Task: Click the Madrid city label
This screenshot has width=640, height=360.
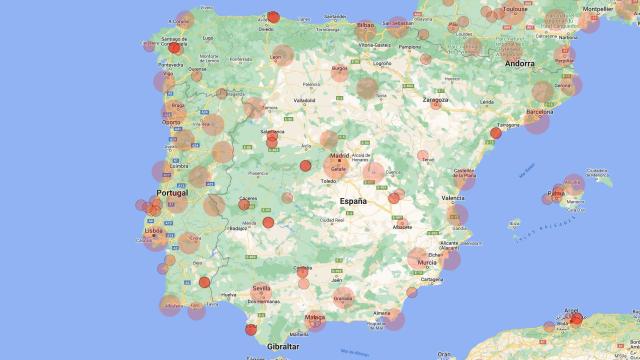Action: pyautogui.click(x=340, y=156)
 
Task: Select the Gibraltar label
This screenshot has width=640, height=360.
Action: pyautogui.click(x=283, y=346)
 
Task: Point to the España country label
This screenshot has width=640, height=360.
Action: pyautogui.click(x=353, y=201)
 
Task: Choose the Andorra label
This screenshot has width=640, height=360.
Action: pyautogui.click(x=520, y=63)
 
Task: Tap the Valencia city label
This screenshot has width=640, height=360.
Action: pyautogui.click(x=452, y=199)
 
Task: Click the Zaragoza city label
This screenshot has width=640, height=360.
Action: pyautogui.click(x=436, y=100)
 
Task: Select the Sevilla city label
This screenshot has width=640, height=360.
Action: pyautogui.click(x=262, y=288)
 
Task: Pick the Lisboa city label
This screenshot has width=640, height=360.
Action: pyautogui.click(x=154, y=230)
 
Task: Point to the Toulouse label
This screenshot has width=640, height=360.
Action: pyautogui.click(x=515, y=9)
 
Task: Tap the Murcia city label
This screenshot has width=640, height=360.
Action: pyautogui.click(x=427, y=263)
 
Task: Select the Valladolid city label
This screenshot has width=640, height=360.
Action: pyautogui.click(x=304, y=100)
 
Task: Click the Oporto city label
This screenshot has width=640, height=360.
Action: pyautogui.click(x=172, y=123)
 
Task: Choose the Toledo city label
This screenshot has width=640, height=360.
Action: pyautogui.click(x=328, y=181)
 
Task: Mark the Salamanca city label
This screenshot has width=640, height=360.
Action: pyautogui.click(x=272, y=132)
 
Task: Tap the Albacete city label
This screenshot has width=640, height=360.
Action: pyautogui.click(x=402, y=227)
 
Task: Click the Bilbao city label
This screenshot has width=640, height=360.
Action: pyautogui.click(x=366, y=24)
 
